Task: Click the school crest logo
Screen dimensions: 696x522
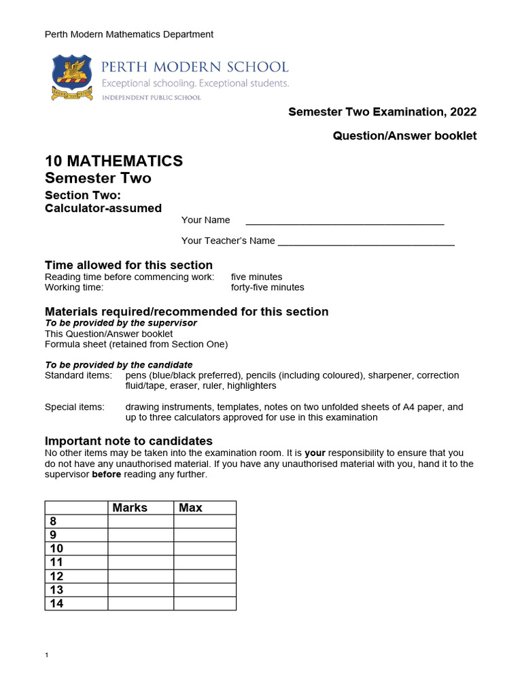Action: pyautogui.click(x=72, y=78)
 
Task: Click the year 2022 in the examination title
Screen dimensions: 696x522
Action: pyautogui.click(x=462, y=112)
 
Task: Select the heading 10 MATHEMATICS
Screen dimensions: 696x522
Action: pyautogui.click(x=114, y=161)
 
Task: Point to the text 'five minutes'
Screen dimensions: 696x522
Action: pyautogui.click(x=256, y=277)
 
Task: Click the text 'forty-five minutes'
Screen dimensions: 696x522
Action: pyautogui.click(x=267, y=288)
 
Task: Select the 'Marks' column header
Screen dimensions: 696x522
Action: pyautogui.click(x=130, y=508)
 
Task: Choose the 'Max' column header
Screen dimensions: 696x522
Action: pyautogui.click(x=190, y=508)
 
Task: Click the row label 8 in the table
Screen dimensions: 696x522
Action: pyautogui.click(x=54, y=521)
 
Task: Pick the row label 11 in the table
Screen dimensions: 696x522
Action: pyautogui.click(x=56, y=562)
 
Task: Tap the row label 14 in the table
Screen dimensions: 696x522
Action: pyautogui.click(x=56, y=603)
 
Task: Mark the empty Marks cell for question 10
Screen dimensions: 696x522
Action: pyautogui.click(x=140, y=549)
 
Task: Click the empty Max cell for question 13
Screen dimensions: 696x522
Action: pyautogui.click(x=205, y=589)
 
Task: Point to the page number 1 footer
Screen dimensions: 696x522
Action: pyautogui.click(x=47, y=655)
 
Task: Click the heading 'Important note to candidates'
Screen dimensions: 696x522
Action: pyautogui.click(x=128, y=441)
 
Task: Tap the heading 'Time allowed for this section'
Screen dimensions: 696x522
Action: pyautogui.click(x=128, y=265)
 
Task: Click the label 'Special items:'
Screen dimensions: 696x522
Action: pyautogui.click(x=75, y=407)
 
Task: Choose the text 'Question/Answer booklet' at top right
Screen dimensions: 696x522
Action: pyautogui.click(x=404, y=136)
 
